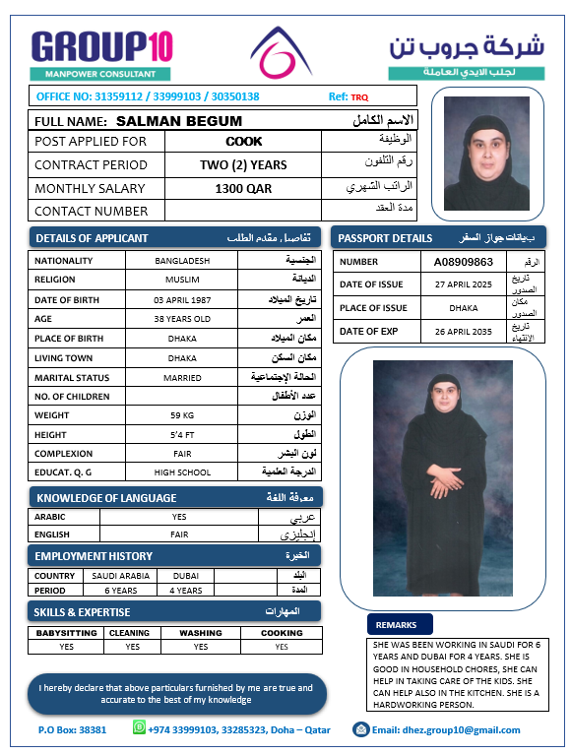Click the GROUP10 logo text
coord(102,46)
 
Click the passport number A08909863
coord(463,262)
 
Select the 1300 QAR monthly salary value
coord(243,188)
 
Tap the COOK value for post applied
coord(244,142)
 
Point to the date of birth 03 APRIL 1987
coord(182,299)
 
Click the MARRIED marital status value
coord(182,377)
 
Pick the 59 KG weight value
coord(182,415)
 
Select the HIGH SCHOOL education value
coord(182,473)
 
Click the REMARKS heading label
coord(396,624)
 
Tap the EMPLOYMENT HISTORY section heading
coord(95,556)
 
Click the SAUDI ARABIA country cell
coord(121,576)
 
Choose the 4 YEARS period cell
coord(185,591)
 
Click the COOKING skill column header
coord(282,633)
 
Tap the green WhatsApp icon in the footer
coord(139,728)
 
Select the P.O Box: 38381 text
coord(72,729)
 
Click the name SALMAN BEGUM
coord(179,121)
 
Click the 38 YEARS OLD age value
coord(182,319)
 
